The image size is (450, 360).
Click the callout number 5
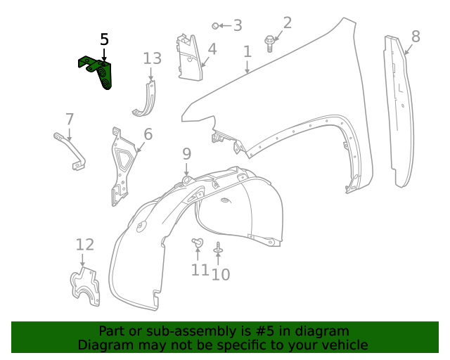104,39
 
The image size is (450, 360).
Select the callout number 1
247,51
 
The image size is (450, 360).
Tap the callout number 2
287,22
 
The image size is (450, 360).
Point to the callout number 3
238,26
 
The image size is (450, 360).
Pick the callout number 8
416,36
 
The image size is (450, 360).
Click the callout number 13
153,58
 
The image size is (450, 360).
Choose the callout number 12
84,245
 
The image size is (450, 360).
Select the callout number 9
186,153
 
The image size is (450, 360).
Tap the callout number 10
221,274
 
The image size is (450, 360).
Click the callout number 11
200,270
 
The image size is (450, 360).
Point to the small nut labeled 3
216,26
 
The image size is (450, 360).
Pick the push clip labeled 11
197,243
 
